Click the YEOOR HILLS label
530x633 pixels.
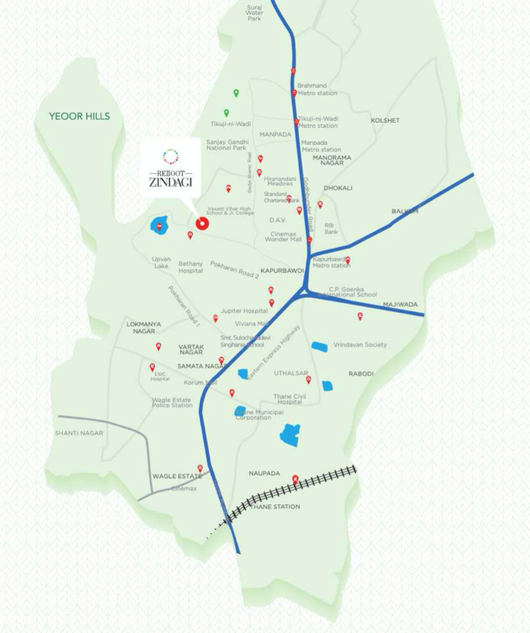pyautogui.click(x=79, y=116)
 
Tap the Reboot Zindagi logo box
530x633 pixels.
pyautogui.click(x=171, y=167)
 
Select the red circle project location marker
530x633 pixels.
pyautogui.click(x=202, y=224)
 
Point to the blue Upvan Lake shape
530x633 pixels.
pyautogui.click(x=160, y=226)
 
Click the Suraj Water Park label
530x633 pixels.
pyautogui.click(x=254, y=13)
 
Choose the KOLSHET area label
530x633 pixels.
pyautogui.click(x=385, y=121)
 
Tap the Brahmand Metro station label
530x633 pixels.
pyautogui.click(x=317, y=89)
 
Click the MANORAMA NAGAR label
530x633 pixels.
pyautogui.click(x=332, y=160)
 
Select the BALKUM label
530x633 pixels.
pyautogui.click(x=405, y=211)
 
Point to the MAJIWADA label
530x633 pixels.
pyautogui.click(x=400, y=305)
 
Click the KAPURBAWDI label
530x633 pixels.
pyautogui.click(x=282, y=270)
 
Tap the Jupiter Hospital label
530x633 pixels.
pyautogui.click(x=244, y=311)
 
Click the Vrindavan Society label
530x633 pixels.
pyautogui.click(x=360, y=345)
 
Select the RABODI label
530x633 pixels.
pyautogui.click(x=361, y=374)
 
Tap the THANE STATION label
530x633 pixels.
pyautogui.click(x=275, y=506)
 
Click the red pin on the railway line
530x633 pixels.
pyautogui.click(x=295, y=479)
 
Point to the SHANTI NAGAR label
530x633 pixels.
pyautogui.click(x=79, y=433)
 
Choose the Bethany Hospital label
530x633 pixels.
pyautogui.click(x=190, y=267)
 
